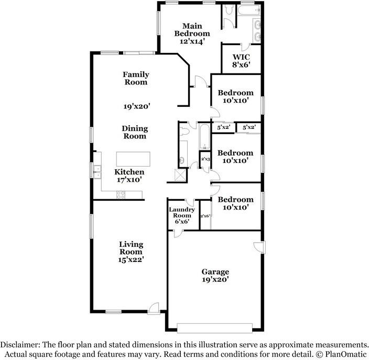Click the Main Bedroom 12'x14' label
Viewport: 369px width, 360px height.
coord(192,33)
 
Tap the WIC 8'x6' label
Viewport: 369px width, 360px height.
coord(242,61)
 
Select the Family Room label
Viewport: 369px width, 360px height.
coord(136,78)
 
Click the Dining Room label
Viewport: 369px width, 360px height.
coord(135,132)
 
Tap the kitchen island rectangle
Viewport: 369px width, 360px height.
coord(133,159)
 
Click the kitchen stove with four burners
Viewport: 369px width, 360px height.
coord(121,195)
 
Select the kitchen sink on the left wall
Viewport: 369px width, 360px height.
coord(97,169)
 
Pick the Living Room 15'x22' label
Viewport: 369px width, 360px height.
coord(131,252)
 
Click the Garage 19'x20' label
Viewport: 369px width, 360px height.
coord(215,276)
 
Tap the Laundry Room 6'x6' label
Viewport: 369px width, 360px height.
coord(182,215)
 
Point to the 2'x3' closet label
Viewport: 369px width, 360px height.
coord(205,159)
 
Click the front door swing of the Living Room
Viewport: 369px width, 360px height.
coord(153,308)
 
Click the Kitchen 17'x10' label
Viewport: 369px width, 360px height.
coord(129,176)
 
